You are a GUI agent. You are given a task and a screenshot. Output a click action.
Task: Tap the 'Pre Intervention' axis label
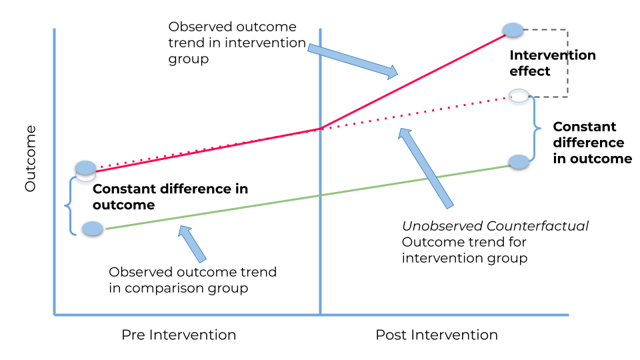pyautogui.click(x=178, y=335)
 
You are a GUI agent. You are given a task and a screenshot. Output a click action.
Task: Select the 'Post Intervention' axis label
pyautogui.click(x=437, y=335)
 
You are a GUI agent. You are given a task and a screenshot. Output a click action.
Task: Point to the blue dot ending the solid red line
pyautogui.click(x=513, y=29)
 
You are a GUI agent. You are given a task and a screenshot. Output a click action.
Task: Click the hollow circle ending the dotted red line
pyautogui.click(x=519, y=95)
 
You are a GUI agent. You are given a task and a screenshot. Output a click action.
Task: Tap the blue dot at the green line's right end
pyautogui.click(x=519, y=161)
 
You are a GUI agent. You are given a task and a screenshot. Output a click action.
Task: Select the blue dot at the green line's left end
pyautogui.click(x=92, y=229)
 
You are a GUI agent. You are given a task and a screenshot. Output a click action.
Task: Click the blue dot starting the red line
pyautogui.click(x=86, y=167)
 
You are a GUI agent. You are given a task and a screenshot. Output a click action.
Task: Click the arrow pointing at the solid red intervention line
pyautogui.click(x=352, y=60)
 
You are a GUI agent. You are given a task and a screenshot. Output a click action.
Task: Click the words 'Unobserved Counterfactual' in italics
pyautogui.click(x=495, y=226)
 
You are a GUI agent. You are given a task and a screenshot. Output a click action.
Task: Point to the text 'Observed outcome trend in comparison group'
pyautogui.click(x=192, y=280)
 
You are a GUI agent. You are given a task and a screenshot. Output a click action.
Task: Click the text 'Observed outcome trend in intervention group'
pyautogui.click(x=232, y=43)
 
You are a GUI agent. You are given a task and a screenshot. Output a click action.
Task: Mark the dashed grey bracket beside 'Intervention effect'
pyautogui.click(x=566, y=63)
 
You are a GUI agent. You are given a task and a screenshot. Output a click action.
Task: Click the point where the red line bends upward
pyautogui.click(x=321, y=128)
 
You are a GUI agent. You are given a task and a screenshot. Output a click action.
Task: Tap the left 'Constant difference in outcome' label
pyautogui.click(x=170, y=197)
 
